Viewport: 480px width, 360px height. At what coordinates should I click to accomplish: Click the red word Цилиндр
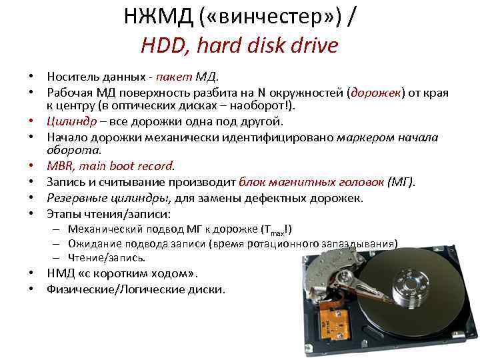point(71,121)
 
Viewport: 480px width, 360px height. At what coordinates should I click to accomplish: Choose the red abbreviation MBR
point(61,165)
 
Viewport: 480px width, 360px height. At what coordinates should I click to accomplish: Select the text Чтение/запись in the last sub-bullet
point(107,257)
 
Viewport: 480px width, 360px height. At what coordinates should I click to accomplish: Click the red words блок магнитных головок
point(311,181)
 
